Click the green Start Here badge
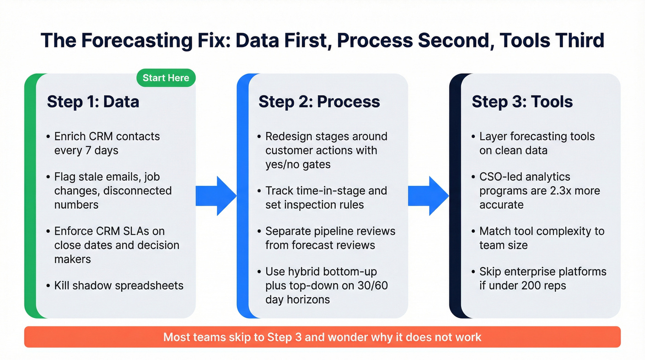pos(166,78)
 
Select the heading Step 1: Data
pos(93,101)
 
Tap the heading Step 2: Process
pos(319,101)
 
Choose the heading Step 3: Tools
pos(522,101)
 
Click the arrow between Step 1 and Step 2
pos(216,195)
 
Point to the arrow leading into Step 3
pos(428,195)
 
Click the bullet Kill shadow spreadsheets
pos(118,285)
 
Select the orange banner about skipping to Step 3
pos(322,337)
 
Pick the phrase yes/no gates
pos(298,164)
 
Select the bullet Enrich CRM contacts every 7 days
pos(107,143)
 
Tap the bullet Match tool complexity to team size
pos(541,238)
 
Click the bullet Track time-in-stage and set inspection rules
pos(326,197)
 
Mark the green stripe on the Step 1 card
pos(30,195)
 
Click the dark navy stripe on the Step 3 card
pos(455,195)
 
